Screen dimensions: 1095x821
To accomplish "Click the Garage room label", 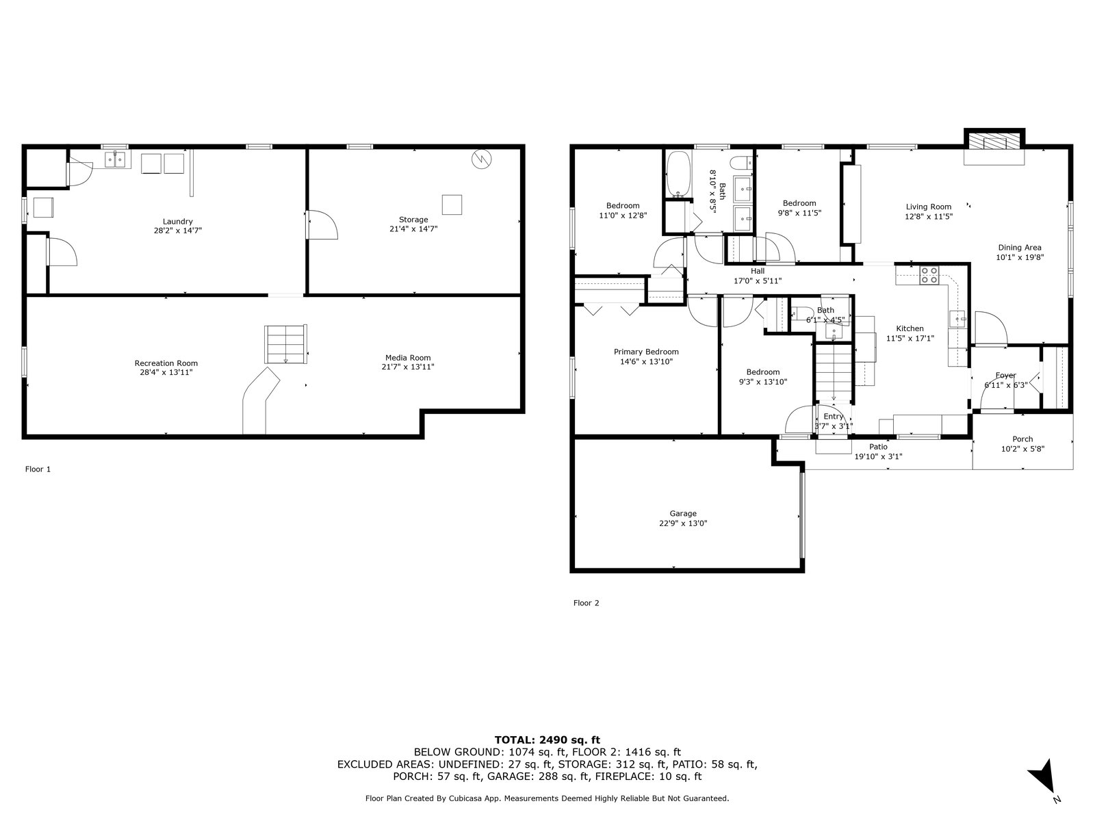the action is tap(683, 513).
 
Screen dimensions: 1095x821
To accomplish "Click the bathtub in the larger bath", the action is tap(679, 174).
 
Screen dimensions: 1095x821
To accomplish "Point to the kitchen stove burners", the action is tap(929, 276).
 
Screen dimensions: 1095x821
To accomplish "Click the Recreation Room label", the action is tap(166, 363).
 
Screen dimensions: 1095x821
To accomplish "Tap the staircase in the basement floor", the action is tap(286, 344).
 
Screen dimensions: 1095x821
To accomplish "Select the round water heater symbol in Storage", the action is tap(481, 159).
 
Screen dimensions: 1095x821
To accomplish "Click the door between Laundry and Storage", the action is tap(322, 224).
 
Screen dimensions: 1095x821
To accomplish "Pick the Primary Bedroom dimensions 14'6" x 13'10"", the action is tap(646, 362).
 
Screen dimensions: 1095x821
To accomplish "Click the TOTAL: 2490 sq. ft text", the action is tap(547, 740).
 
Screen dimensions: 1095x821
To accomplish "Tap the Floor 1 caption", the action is tap(38, 469).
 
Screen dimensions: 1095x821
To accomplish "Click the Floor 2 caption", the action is tap(586, 603).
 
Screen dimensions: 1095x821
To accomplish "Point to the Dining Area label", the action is tap(1020, 248).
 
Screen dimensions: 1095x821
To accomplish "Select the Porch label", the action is tap(1022, 439).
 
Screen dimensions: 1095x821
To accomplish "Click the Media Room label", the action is tap(408, 358).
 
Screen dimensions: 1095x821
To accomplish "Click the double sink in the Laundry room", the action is tap(116, 159).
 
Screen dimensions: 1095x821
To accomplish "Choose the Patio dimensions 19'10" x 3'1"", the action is tap(878, 456).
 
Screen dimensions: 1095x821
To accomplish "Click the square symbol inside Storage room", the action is tap(452, 205).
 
